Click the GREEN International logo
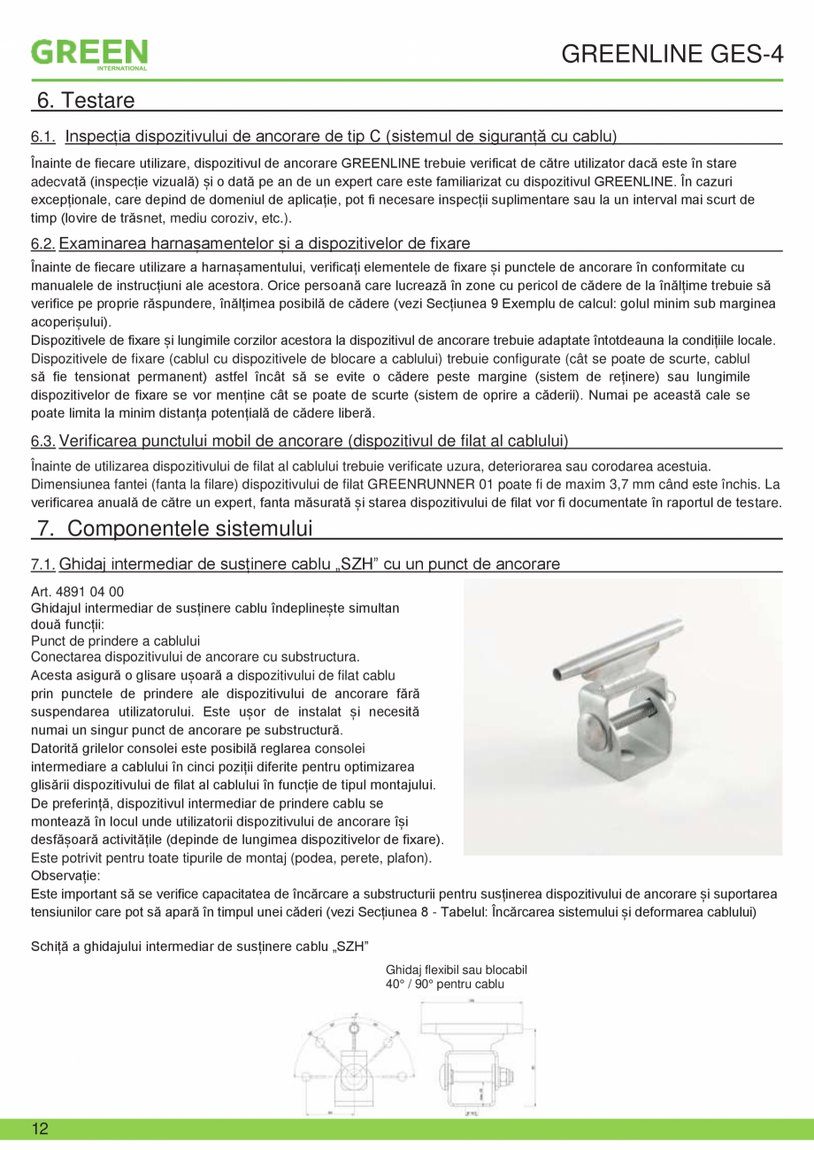click(89, 54)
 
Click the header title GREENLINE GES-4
click(672, 55)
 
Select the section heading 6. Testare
click(85, 100)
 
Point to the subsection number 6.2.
click(43, 242)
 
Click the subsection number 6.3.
click(43, 441)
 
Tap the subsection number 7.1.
click(43, 563)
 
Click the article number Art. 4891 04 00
click(77, 592)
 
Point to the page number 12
click(40, 1129)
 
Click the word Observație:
click(65, 875)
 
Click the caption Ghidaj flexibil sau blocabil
click(457, 970)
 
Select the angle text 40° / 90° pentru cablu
click(445, 984)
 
